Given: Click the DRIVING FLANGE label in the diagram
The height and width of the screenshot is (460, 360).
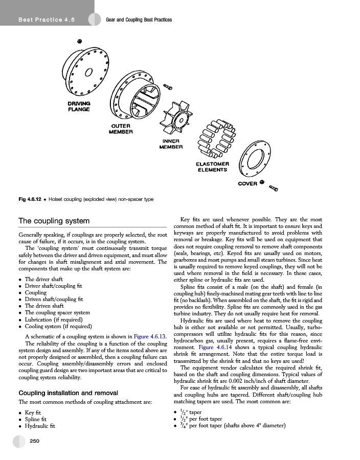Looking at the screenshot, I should [x=79, y=106].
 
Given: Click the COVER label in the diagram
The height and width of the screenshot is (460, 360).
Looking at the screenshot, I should [x=247, y=183].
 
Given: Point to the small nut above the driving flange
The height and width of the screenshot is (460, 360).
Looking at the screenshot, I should [x=80, y=40].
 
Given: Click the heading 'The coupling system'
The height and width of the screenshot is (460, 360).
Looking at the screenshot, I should [x=54, y=221].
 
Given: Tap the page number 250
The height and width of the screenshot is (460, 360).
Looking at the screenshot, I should [x=35, y=441].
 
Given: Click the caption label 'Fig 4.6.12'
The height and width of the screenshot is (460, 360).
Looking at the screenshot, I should [x=30, y=199].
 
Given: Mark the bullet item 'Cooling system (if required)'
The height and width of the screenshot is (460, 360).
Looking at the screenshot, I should [x=58, y=326].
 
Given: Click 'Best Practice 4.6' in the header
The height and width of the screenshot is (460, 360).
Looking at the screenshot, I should [x=47, y=20].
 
